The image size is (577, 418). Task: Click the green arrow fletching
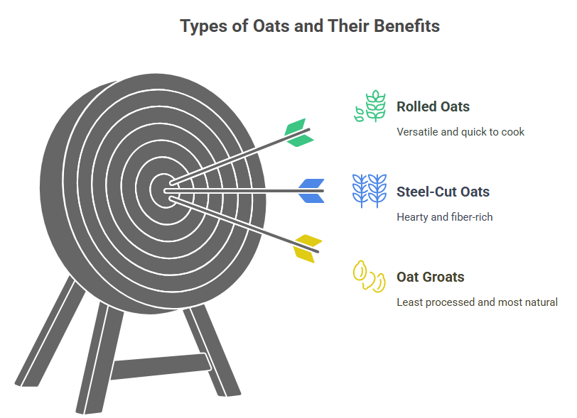click(298, 133)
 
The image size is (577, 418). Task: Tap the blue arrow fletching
click(311, 191)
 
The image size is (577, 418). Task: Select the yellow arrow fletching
click(307, 248)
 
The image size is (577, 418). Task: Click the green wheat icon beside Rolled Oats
click(370, 106)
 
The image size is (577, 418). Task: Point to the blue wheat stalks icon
click(370, 191)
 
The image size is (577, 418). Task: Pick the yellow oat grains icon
click(369, 277)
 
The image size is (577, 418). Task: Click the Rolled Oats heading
click(433, 106)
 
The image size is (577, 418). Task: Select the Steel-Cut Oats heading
click(443, 192)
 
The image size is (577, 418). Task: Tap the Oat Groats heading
click(431, 277)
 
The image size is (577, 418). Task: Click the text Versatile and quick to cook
click(460, 132)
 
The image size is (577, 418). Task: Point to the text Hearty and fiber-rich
click(445, 217)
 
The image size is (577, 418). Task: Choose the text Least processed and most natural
click(478, 302)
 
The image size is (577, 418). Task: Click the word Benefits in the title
click(407, 26)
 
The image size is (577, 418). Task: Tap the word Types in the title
click(203, 27)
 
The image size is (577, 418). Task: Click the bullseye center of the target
click(164, 191)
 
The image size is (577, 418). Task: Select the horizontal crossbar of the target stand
click(161, 366)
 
